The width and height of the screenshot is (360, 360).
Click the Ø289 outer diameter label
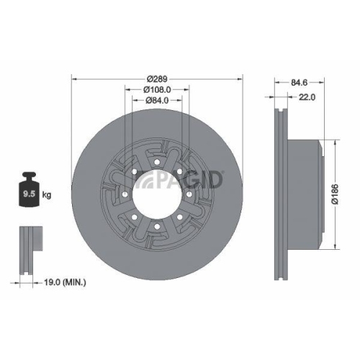pos(156,77)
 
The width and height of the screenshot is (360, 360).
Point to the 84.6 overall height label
pos(293,83)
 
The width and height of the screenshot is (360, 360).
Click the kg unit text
pos(47,194)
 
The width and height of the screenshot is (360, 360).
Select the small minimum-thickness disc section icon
pos(28,248)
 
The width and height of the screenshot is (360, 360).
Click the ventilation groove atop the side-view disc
pos(278,115)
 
